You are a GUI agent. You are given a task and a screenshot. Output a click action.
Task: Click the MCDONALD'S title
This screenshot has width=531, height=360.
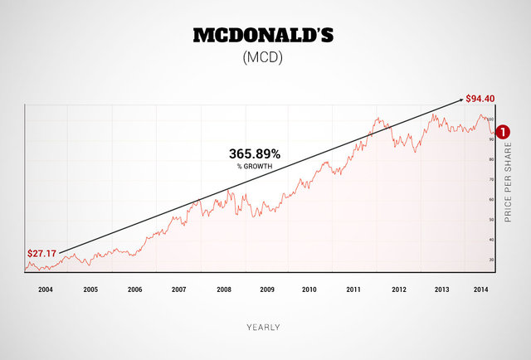(x=265, y=36)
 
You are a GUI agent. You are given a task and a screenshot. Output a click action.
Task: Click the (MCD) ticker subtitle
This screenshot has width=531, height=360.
(x=265, y=60)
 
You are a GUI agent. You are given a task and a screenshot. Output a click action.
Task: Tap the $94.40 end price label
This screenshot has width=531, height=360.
(x=480, y=99)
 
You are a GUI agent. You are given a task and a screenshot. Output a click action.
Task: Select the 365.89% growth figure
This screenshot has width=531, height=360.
(x=255, y=154)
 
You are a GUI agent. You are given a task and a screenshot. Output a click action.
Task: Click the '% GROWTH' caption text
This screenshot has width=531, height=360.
(x=255, y=167)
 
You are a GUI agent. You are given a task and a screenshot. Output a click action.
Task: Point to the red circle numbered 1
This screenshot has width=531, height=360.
(x=512, y=130)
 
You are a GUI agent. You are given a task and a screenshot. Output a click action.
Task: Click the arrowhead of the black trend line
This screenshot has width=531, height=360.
(x=459, y=100)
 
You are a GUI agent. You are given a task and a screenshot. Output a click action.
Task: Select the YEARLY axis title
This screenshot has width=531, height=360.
(x=263, y=327)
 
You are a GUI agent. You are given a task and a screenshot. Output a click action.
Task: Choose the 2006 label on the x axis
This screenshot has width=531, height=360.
(x=134, y=289)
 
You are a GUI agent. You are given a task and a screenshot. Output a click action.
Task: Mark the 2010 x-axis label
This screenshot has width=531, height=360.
(x=309, y=289)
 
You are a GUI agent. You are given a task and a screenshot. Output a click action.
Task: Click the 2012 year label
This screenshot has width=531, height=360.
(x=398, y=289)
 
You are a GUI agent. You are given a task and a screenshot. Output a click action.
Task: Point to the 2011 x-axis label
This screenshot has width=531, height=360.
(x=354, y=289)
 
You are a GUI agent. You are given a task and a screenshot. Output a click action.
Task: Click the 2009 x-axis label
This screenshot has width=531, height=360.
(x=266, y=289)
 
